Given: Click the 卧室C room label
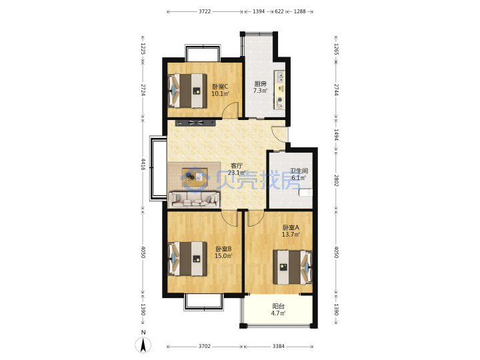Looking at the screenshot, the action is (x=220, y=87).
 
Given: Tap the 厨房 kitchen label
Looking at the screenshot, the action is (x=260, y=83).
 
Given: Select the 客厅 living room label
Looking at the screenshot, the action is (x=236, y=165).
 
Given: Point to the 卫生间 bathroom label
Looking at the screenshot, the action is (x=299, y=171).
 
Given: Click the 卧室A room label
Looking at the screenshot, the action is (x=291, y=227).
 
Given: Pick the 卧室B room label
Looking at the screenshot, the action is (x=223, y=249).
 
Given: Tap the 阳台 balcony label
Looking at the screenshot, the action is (x=278, y=306).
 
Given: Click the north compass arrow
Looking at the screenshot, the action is (x=143, y=345).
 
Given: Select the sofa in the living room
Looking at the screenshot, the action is (x=195, y=199).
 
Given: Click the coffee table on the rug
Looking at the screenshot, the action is (x=195, y=177).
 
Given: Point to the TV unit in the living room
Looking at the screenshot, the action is (x=195, y=123).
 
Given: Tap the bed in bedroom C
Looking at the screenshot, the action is (x=187, y=91).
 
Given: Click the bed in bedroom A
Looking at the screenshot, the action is (x=293, y=267).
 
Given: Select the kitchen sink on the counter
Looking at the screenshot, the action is (x=279, y=77).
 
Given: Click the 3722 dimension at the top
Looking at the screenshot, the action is (x=205, y=11).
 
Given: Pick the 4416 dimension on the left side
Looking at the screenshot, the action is (x=143, y=164).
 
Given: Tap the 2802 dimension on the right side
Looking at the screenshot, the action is (x=336, y=180).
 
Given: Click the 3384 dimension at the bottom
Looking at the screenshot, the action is (x=278, y=346).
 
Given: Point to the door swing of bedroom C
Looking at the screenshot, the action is (x=230, y=110).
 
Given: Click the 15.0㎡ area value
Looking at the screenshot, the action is (x=223, y=256).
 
